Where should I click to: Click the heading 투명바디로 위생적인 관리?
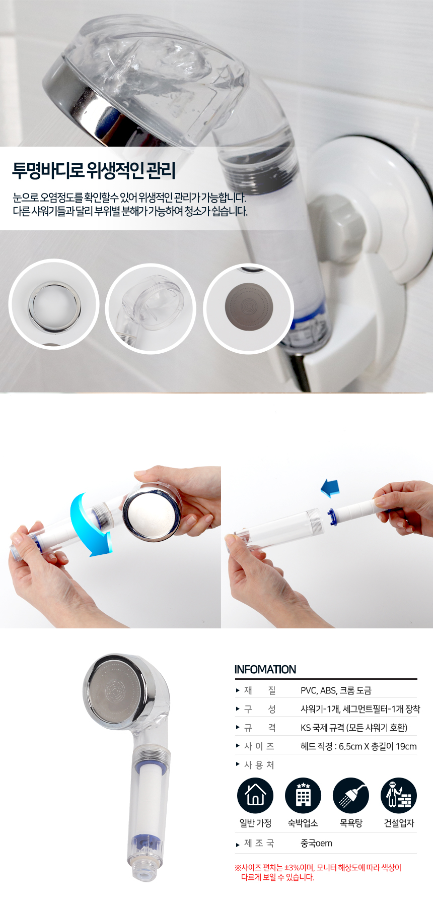(x=94, y=170)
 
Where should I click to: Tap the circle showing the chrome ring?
(x=53, y=304)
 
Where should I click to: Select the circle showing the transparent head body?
(x=150, y=308)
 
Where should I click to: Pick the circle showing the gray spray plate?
(x=248, y=308)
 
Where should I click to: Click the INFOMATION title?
(x=265, y=669)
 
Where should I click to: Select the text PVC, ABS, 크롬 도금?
(x=336, y=690)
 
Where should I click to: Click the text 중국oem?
(x=316, y=843)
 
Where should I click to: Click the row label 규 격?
(x=260, y=728)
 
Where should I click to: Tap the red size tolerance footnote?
(x=318, y=872)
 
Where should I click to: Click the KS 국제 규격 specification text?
(x=354, y=728)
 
